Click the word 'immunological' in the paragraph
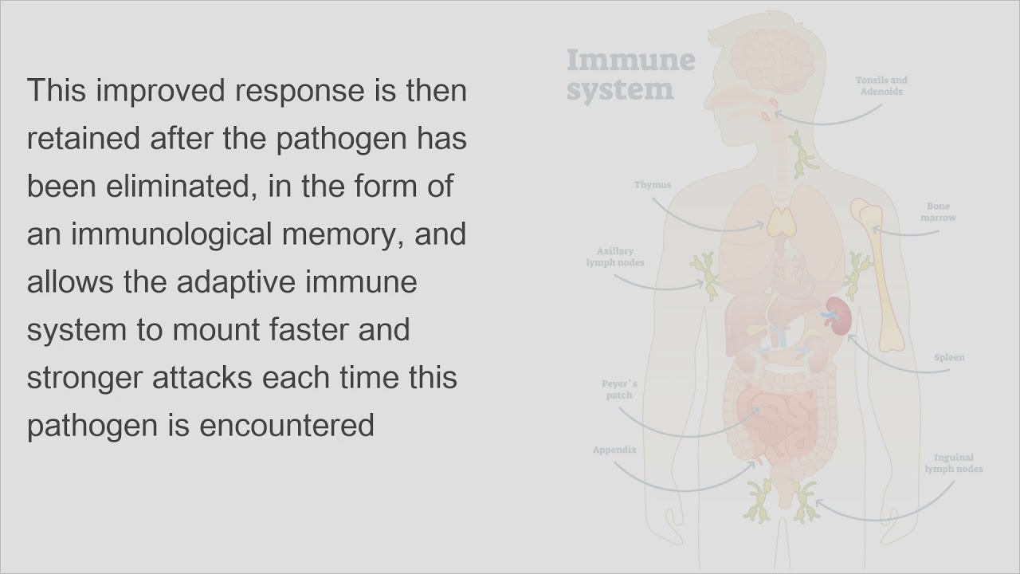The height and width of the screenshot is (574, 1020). [171, 234]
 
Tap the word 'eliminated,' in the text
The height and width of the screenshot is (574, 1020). [181, 186]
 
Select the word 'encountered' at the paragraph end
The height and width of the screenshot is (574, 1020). [287, 425]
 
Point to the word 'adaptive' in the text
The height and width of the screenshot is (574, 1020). [236, 282]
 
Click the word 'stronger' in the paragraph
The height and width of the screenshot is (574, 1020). [84, 378]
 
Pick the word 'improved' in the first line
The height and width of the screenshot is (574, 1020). [160, 91]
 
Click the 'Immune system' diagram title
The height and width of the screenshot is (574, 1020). [630, 74]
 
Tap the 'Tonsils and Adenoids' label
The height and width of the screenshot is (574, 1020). [881, 85]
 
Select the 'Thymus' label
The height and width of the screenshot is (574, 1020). [653, 184]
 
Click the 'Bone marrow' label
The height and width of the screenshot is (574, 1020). [938, 212]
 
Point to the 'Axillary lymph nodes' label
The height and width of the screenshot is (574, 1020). [614, 257]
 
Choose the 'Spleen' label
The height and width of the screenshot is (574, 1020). [949, 357]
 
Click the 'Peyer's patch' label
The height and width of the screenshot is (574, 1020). [619, 390]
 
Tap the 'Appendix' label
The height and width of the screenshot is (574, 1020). [614, 450]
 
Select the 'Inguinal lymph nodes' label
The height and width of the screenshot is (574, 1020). [954, 463]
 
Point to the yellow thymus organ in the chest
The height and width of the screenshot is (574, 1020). [782, 222]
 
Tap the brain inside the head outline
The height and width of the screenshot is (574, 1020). [773, 60]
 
